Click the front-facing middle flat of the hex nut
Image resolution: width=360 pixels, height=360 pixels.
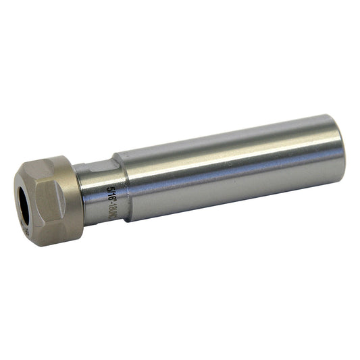(x=49, y=203)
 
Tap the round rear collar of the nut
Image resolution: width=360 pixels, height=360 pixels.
(x=73, y=199)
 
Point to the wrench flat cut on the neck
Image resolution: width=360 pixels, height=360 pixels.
(x=95, y=169)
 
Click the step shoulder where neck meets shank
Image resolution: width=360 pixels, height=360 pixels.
(x=122, y=189)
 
